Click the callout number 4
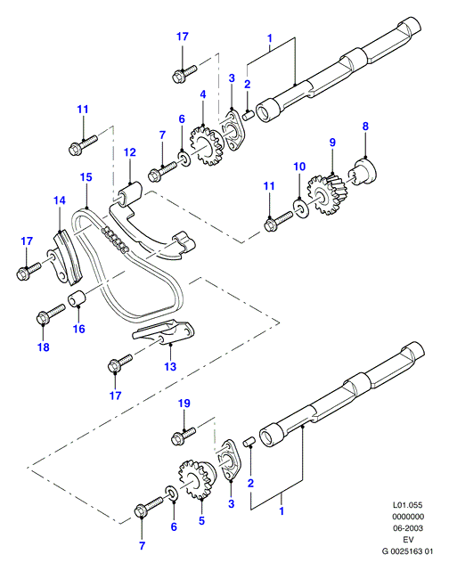(203, 94)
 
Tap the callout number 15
(86, 177)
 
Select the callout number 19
(184, 404)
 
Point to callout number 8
(365, 126)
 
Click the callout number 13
(170, 366)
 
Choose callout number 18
(44, 347)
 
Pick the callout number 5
(201, 521)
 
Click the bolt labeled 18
(51, 314)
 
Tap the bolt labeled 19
(184, 436)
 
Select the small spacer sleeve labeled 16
(77, 298)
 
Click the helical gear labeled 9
(327, 194)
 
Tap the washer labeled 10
(301, 208)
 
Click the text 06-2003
(408, 528)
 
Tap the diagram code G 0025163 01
(407, 551)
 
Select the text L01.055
(407, 505)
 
